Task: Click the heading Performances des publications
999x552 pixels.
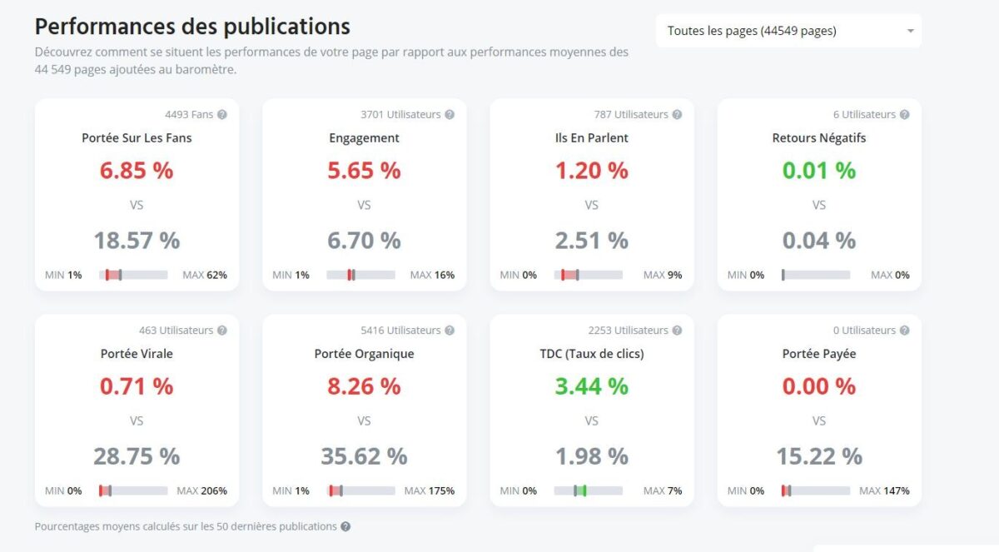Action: pyautogui.click(x=192, y=27)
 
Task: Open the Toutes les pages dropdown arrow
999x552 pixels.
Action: pyautogui.click(x=910, y=32)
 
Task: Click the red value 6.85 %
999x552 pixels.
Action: pyautogui.click(x=137, y=171)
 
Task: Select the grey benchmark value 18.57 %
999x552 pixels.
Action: pyautogui.click(x=137, y=241)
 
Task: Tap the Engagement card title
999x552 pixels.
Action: pyautogui.click(x=364, y=138)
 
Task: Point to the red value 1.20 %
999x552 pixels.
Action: pyautogui.click(x=591, y=171)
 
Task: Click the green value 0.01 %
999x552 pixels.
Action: pyautogui.click(x=818, y=171)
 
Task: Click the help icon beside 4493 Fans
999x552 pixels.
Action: pyautogui.click(x=222, y=115)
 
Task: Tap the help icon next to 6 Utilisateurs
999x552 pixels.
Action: pyautogui.click(x=904, y=115)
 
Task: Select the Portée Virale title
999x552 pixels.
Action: pyautogui.click(x=137, y=354)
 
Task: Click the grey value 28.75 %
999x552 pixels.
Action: pyautogui.click(x=137, y=456)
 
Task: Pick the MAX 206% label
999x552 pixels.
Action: pyautogui.click(x=201, y=491)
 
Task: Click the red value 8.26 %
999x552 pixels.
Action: pyautogui.click(x=364, y=386)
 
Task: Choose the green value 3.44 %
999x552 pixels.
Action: pyautogui.click(x=591, y=386)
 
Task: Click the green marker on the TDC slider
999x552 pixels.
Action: pyautogui.click(x=584, y=491)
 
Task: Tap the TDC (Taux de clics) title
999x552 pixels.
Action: pyautogui.click(x=591, y=354)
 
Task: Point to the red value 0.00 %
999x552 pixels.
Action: pyautogui.click(x=818, y=386)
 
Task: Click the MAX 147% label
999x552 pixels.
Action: pyautogui.click(x=884, y=491)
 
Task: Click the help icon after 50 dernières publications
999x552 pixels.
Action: pyautogui.click(x=345, y=527)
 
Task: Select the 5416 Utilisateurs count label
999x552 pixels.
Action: pyautogui.click(x=400, y=331)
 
